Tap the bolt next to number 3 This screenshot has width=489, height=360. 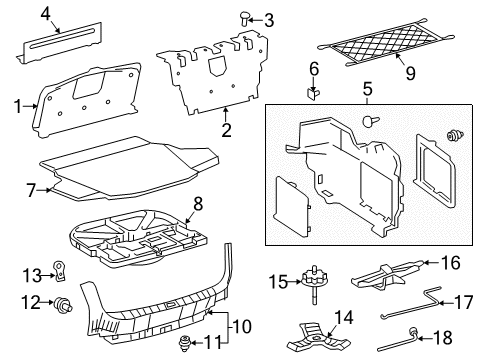pos(244,17)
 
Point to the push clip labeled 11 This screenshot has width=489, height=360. pos(185,344)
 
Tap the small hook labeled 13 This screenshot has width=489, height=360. pos(59,270)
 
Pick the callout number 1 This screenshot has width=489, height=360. pos(13,104)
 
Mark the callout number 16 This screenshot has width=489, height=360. pos(450,264)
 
